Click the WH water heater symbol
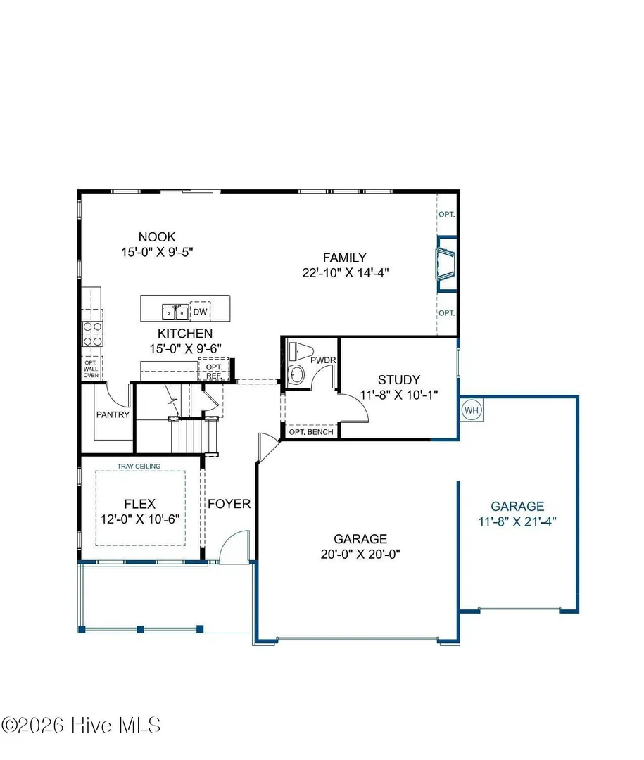(x=472, y=410)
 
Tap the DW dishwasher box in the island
(x=201, y=312)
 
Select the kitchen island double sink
(x=175, y=312)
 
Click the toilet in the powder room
(x=301, y=350)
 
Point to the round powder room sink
(x=296, y=374)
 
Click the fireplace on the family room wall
(x=446, y=264)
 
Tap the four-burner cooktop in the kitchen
(x=92, y=334)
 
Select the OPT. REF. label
(x=214, y=372)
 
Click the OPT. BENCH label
(x=311, y=431)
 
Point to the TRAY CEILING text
(x=139, y=467)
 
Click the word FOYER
(x=229, y=504)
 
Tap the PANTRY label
(x=113, y=414)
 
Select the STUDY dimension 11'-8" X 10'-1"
(x=399, y=395)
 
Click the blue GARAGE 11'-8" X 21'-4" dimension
(x=517, y=521)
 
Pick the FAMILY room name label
(x=345, y=258)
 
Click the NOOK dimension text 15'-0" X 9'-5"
(x=157, y=252)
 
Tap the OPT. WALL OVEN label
(x=91, y=369)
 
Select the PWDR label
(x=323, y=360)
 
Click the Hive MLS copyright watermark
(x=81, y=726)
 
